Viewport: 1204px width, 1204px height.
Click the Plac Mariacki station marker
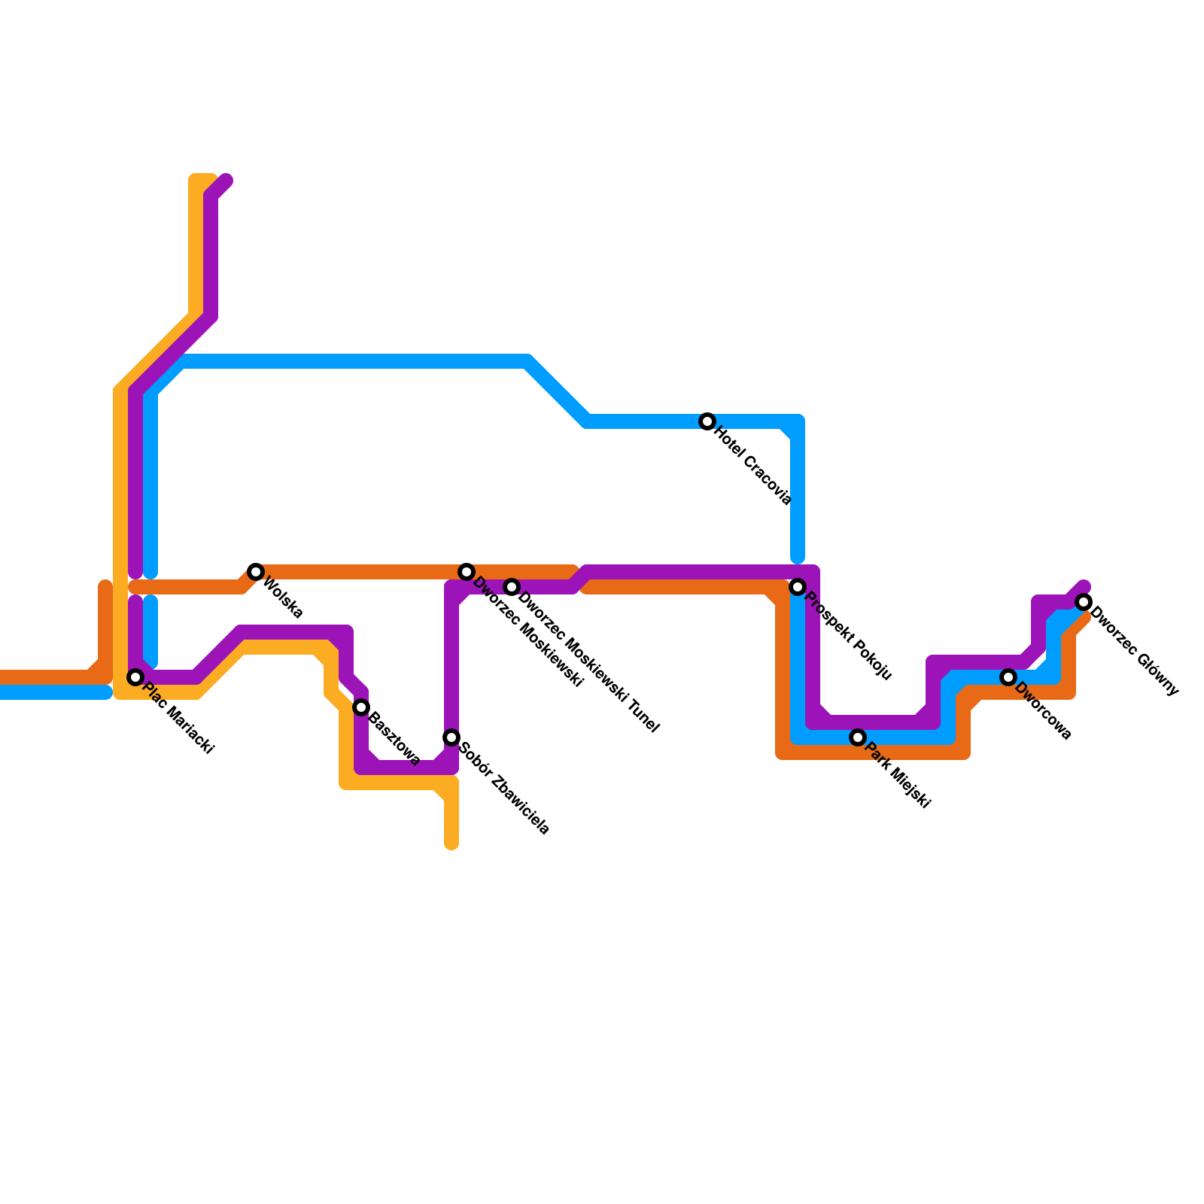point(135,677)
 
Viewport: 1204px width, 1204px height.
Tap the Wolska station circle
point(256,572)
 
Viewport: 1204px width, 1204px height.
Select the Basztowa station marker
point(361,707)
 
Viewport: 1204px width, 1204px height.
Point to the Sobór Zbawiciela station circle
point(451,737)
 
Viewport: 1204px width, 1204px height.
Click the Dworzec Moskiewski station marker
point(467,572)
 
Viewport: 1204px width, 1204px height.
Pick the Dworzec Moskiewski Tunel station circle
point(512,587)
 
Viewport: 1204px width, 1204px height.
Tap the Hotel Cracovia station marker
point(707,421)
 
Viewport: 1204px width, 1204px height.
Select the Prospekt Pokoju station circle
point(798,587)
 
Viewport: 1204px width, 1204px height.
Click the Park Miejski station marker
point(858,737)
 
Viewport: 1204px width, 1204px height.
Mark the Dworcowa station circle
point(1008,677)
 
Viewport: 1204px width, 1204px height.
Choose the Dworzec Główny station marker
point(1084,602)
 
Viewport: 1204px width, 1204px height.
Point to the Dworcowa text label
point(1043,711)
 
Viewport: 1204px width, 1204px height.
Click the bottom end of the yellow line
point(451,844)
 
